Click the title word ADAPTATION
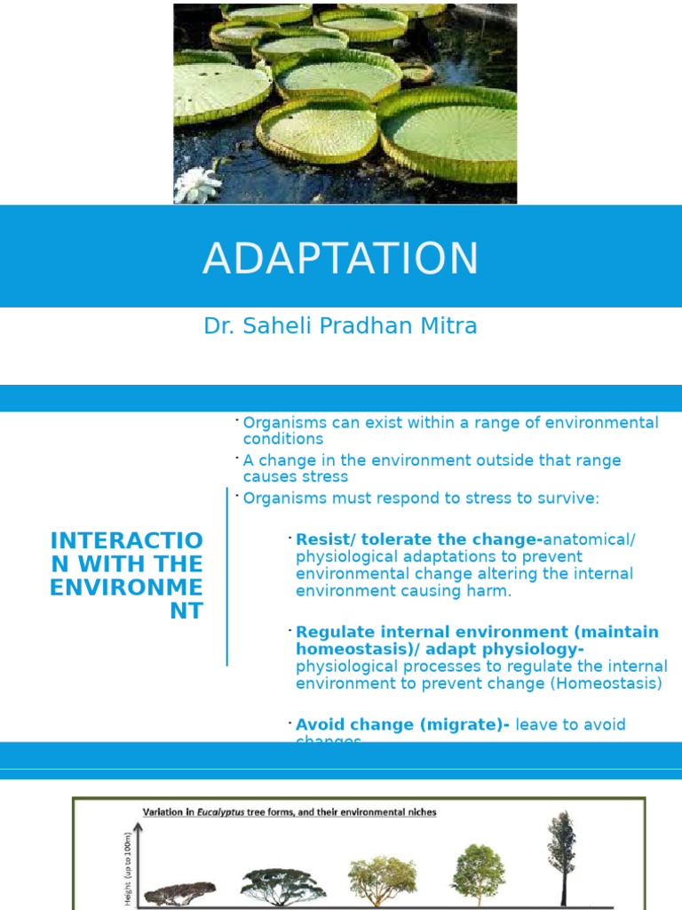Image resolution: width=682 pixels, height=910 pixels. click(340, 259)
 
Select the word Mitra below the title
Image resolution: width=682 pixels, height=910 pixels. click(451, 326)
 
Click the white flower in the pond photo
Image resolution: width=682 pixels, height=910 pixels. click(197, 185)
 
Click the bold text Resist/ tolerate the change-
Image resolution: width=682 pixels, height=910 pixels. click(418, 539)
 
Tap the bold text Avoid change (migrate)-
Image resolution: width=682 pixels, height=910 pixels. click(402, 724)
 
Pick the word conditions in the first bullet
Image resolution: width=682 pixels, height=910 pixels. click(283, 439)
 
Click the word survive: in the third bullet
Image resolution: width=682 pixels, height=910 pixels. click(569, 498)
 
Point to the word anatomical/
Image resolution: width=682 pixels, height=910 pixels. click(590, 539)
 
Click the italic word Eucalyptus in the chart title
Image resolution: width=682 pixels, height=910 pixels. click(221, 812)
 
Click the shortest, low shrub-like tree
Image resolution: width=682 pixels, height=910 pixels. click(180, 892)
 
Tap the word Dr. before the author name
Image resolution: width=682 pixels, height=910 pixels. click(218, 326)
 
